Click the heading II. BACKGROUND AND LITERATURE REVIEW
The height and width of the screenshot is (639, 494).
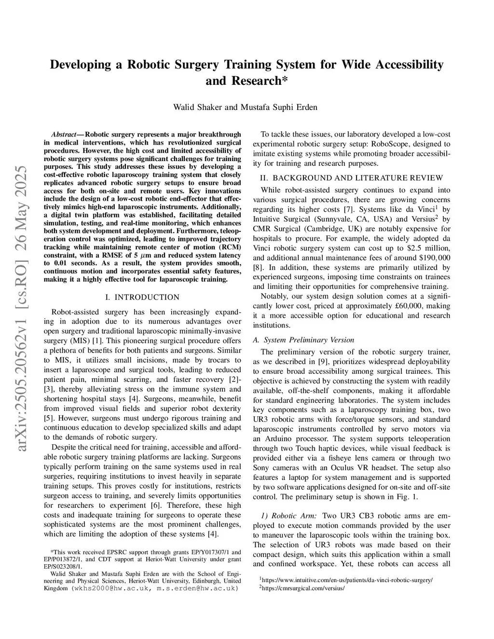coord(351,178)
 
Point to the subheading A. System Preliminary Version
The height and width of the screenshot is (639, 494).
coord(303,340)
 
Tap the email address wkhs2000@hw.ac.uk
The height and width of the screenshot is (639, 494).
coord(112,588)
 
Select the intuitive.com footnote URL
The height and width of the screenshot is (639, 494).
coord(347,580)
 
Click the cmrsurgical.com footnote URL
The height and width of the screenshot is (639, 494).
coord(303,588)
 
